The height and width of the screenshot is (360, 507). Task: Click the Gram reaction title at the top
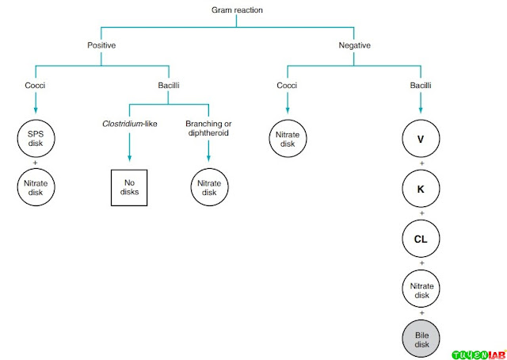tap(236, 10)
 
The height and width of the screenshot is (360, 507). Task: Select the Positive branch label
tap(101, 45)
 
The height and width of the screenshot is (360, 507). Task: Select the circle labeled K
tap(421, 190)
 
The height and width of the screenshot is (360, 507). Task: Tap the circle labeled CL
tap(421, 238)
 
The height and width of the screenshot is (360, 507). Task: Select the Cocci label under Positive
tap(35, 85)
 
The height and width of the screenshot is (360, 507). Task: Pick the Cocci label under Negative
tap(287, 85)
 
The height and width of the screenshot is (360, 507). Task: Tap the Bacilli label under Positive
tap(169, 85)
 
